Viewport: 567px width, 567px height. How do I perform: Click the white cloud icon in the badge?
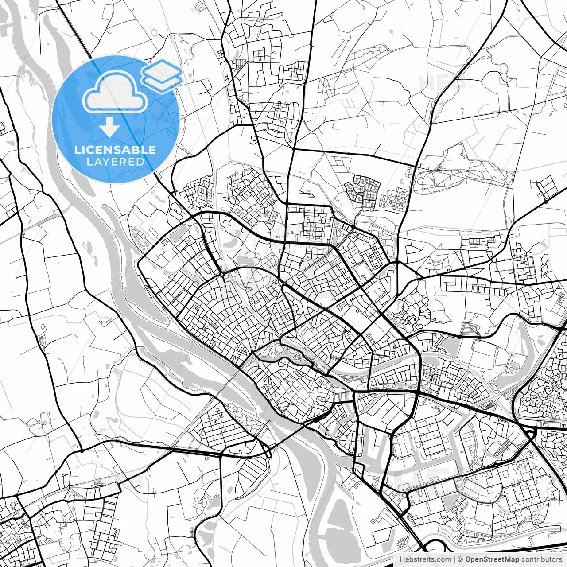coord(115,93)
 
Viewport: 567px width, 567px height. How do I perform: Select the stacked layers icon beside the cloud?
coord(162,75)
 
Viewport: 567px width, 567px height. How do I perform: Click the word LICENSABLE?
coord(115,150)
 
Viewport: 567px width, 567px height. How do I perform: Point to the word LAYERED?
coord(115,162)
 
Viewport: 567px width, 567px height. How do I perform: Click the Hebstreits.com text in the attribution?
coord(426,559)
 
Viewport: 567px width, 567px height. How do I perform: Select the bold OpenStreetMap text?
coord(492,559)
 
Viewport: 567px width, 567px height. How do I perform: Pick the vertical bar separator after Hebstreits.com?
coord(454,559)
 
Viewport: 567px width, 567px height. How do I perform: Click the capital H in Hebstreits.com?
coord(402,559)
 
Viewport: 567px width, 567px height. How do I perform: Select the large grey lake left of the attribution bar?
coord(341,527)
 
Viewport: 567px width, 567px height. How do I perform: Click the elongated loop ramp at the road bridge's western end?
coord(268,452)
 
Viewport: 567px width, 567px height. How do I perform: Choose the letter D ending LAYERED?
coord(140,162)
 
